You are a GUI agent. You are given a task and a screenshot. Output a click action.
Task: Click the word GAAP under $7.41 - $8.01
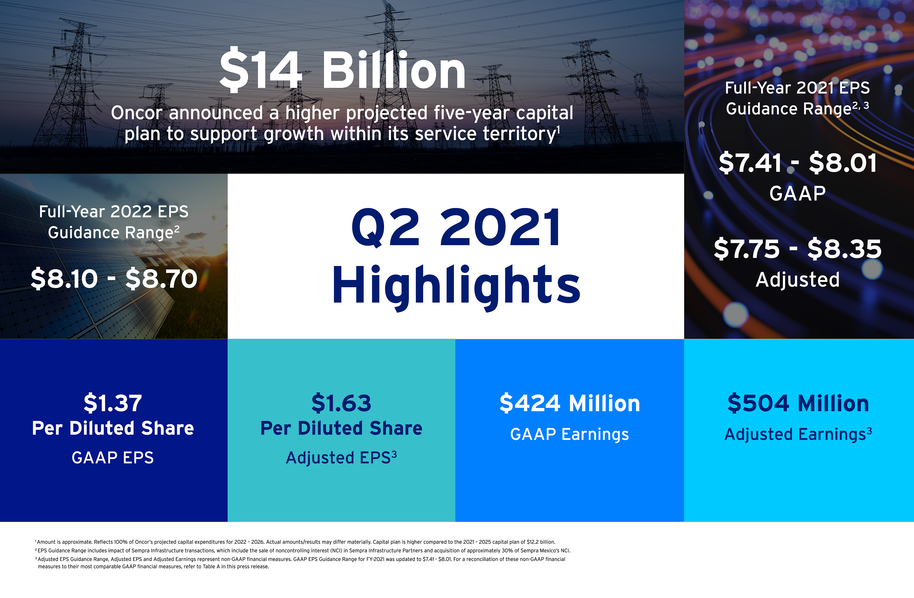[798, 193]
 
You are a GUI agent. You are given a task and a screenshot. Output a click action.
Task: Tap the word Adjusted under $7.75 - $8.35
[798, 280]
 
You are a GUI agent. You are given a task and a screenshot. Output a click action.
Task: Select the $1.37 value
[113, 403]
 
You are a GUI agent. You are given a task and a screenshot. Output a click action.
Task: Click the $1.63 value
[341, 403]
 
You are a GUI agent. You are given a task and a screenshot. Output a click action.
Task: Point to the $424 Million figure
[570, 403]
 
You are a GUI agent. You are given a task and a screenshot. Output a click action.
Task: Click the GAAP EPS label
[113, 458]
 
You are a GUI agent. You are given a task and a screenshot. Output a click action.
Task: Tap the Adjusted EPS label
[341, 458]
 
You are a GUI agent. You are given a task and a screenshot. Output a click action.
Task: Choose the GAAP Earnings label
[570, 435]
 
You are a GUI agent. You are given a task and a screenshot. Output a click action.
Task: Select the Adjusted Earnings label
[798, 435]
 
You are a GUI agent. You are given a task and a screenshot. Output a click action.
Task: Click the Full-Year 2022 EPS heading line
[114, 212]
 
